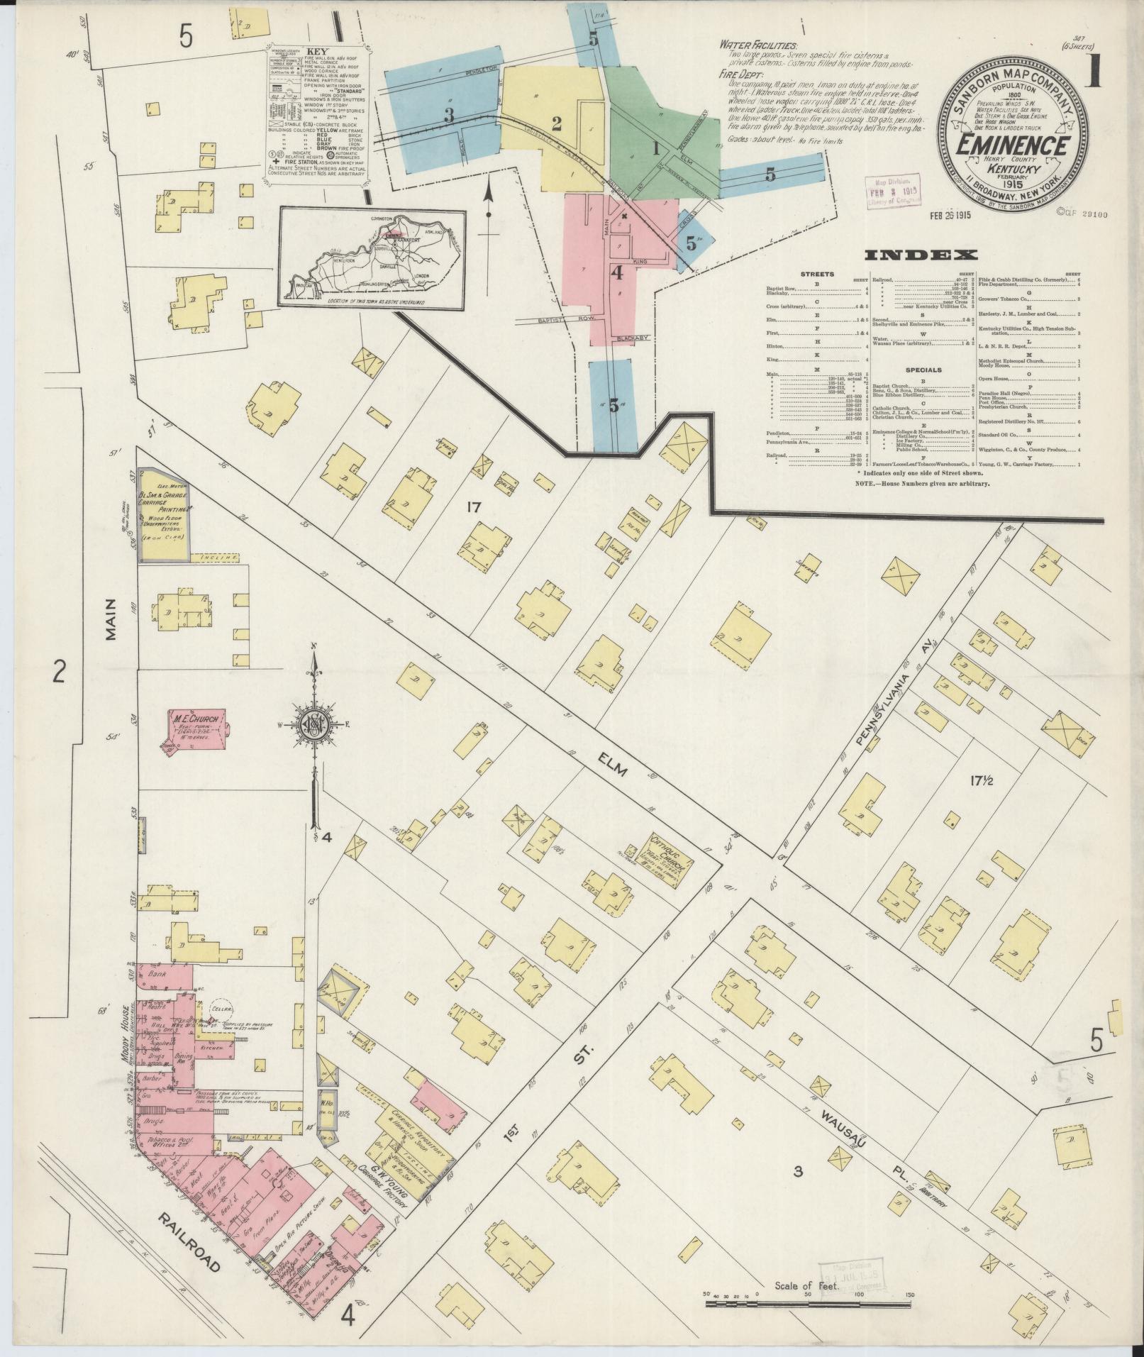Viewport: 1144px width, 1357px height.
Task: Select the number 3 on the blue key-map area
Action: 449,116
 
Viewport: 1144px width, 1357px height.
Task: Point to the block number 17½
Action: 982,781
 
